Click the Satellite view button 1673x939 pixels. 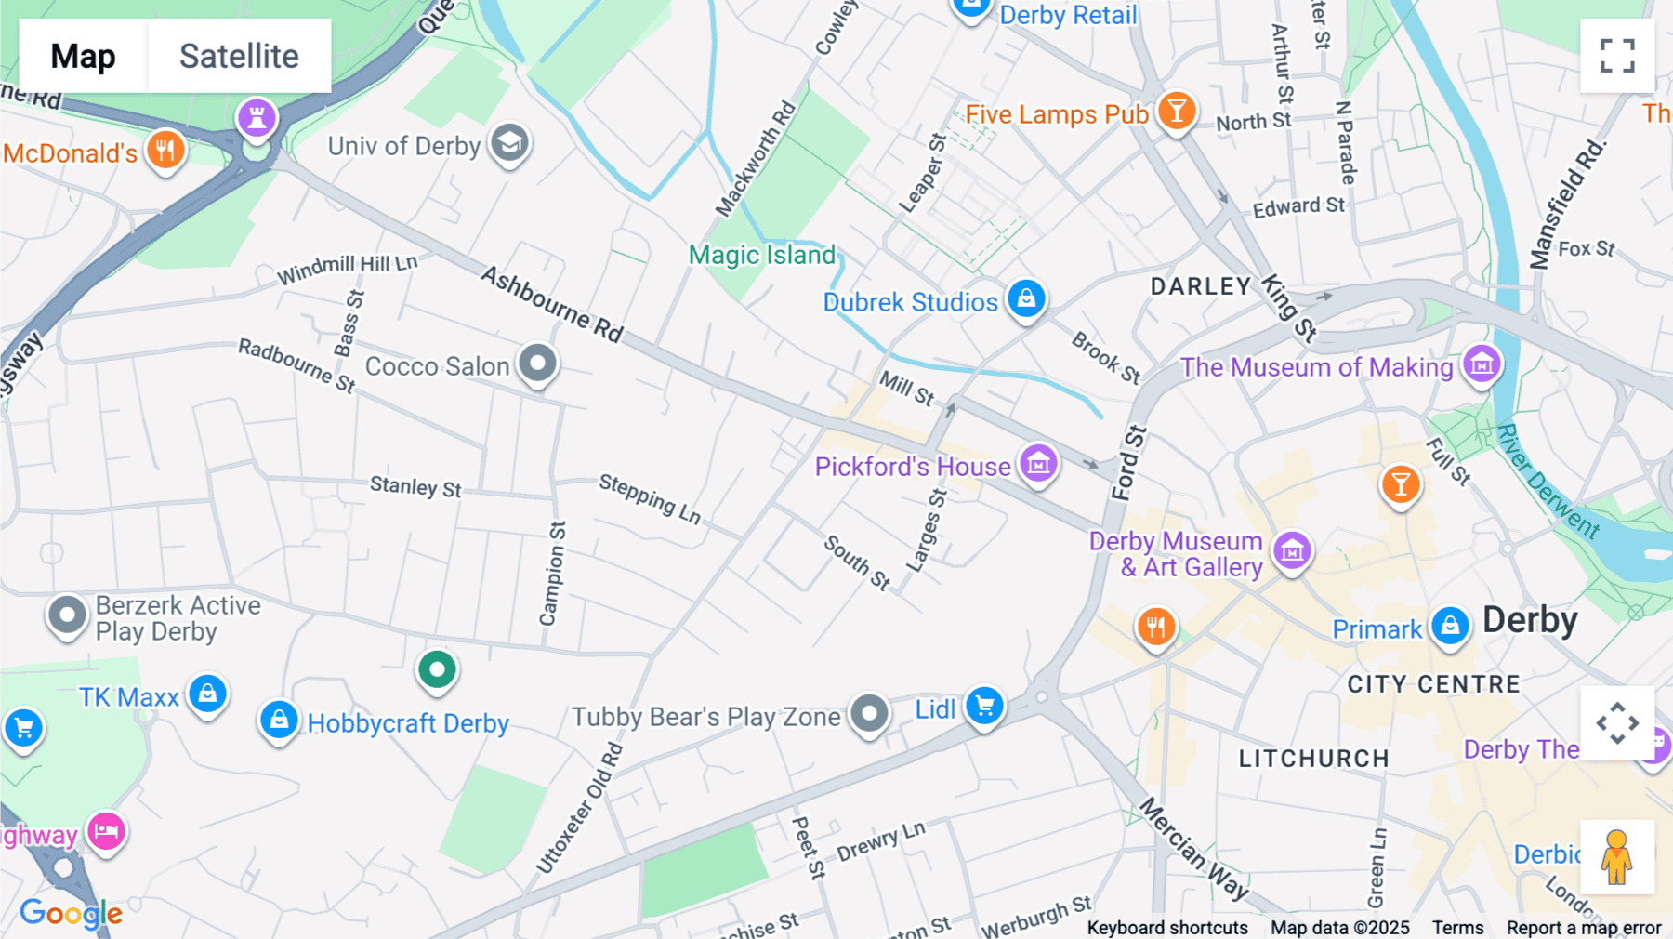(x=239, y=56)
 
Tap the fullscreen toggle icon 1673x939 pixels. (x=1617, y=56)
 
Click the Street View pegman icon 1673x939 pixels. (x=1617, y=856)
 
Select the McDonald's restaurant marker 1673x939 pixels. (x=165, y=149)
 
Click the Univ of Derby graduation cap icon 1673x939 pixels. (x=509, y=143)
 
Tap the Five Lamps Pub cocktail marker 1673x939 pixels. (x=1177, y=111)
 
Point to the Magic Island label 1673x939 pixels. (x=762, y=255)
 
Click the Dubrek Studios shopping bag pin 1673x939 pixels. (x=1026, y=298)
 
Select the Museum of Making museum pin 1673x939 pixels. (x=1482, y=364)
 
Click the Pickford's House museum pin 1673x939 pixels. (x=1038, y=462)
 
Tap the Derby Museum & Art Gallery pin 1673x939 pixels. (x=1292, y=551)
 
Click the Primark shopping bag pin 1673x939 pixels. (x=1450, y=626)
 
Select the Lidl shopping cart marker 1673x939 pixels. (x=984, y=706)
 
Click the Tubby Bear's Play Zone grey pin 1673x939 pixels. (x=869, y=713)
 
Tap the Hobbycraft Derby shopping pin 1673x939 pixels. (x=279, y=719)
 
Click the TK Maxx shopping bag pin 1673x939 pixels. (x=208, y=694)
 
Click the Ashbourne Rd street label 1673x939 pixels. (x=552, y=304)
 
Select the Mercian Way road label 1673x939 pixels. (x=1195, y=848)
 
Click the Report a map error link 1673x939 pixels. (x=1584, y=927)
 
